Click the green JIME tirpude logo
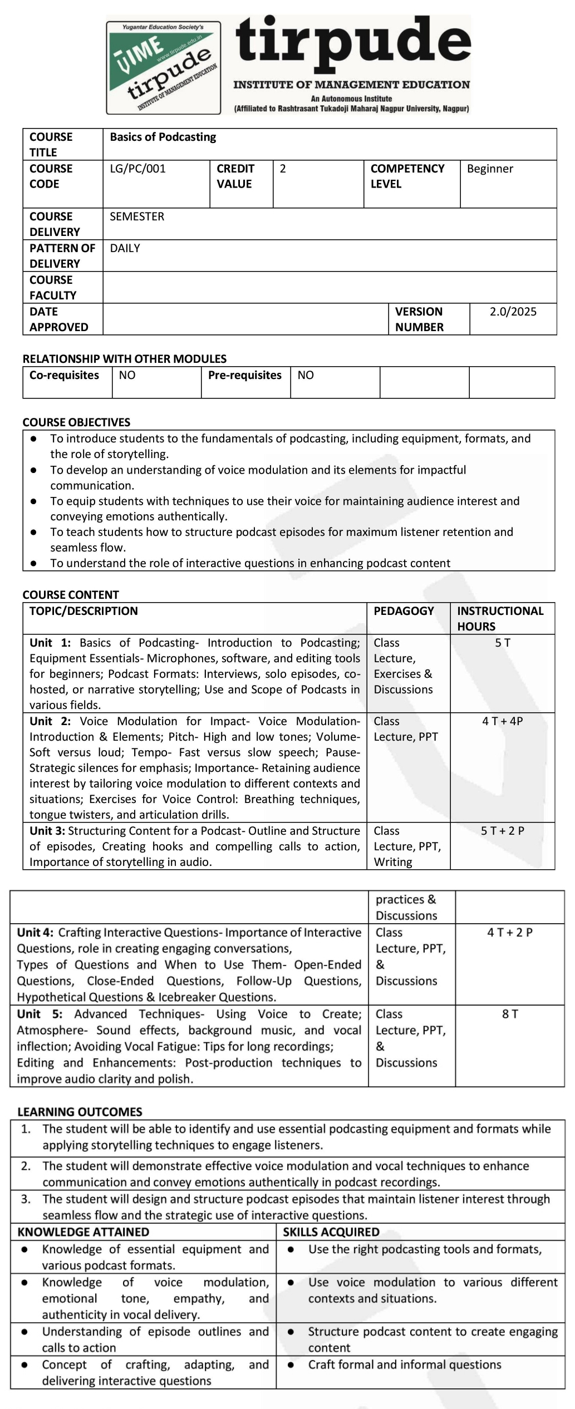pyautogui.click(x=164, y=68)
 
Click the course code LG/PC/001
pyautogui.click(x=137, y=169)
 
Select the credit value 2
pyautogui.click(x=283, y=169)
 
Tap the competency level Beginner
pyautogui.click(x=490, y=169)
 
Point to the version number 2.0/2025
pyautogui.click(x=513, y=312)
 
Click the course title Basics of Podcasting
pyautogui.click(x=163, y=137)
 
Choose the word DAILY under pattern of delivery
pyautogui.click(x=125, y=248)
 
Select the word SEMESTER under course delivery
pyautogui.click(x=137, y=216)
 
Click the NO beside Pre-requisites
pyautogui.click(x=306, y=375)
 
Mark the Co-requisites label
pyautogui.click(x=64, y=375)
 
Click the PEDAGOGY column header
pyautogui.click(x=404, y=611)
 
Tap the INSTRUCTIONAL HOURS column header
pyautogui.click(x=500, y=618)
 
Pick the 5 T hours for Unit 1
pyautogui.click(x=503, y=643)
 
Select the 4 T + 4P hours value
pyautogui.click(x=503, y=721)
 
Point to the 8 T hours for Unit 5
pyautogui.click(x=510, y=1014)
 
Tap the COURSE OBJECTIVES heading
pyautogui.click(x=76, y=422)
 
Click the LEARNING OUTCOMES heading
pyautogui.click(x=80, y=1112)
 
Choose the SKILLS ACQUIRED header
pyautogui.click(x=331, y=1232)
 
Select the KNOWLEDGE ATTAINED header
pyautogui.click(x=83, y=1232)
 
